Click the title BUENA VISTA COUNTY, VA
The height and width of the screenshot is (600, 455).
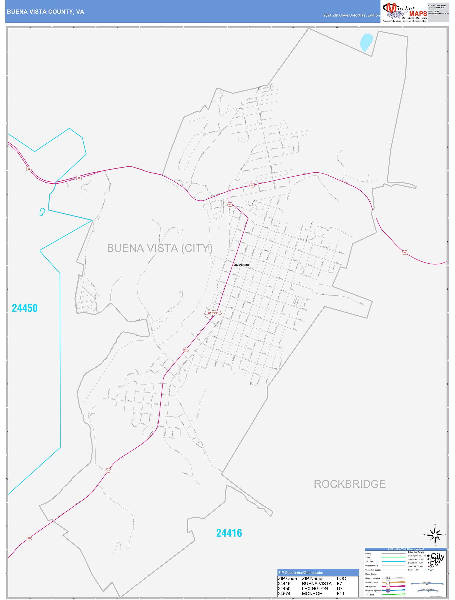point(46,12)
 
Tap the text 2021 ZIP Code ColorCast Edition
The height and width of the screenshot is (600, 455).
point(351,15)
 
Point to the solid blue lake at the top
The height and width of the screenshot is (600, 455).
point(366,42)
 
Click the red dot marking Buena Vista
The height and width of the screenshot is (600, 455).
point(234,266)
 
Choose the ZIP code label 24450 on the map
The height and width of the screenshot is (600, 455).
point(25,308)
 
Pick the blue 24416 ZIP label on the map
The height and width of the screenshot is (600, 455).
point(229,533)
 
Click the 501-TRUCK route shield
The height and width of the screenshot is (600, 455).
point(213,313)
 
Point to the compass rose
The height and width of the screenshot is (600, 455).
point(435,535)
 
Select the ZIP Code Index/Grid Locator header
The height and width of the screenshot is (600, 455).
point(301,573)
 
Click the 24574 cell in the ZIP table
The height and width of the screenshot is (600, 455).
point(284,594)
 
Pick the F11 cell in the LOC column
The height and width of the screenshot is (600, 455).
point(340,594)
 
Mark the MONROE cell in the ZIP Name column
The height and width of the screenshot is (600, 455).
point(312,594)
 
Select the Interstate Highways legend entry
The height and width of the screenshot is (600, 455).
point(373,591)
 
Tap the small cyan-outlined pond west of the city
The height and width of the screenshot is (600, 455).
point(42,212)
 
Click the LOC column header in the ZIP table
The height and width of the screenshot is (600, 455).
point(341,578)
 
